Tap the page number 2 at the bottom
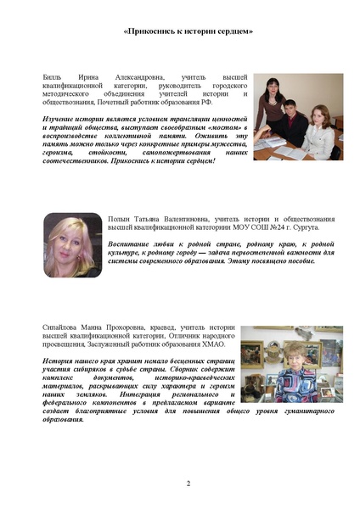(x=188, y=484)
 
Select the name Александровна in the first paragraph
(x=139, y=76)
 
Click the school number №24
(x=275, y=228)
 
